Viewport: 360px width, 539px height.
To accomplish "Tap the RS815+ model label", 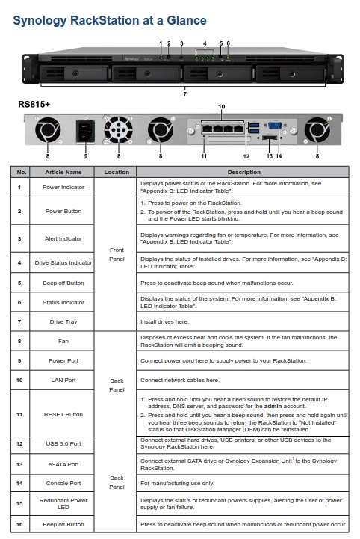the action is (34, 104).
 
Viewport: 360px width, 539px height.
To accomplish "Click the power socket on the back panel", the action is (85, 131).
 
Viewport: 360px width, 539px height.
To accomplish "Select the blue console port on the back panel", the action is (275, 126).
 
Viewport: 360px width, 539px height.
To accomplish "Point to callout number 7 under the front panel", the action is (184, 94).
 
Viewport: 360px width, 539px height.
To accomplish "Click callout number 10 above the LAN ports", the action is (222, 107).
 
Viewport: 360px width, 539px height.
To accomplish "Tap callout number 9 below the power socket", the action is (86, 156).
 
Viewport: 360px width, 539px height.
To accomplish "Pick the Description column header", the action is (244, 172).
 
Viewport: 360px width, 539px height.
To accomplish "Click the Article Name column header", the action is (63, 172).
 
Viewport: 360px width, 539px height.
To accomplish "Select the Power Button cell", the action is (63, 211).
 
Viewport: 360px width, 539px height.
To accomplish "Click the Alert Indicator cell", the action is (63, 238).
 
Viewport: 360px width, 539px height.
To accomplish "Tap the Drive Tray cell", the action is (63, 321).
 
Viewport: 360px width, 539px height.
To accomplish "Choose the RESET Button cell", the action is (63, 415).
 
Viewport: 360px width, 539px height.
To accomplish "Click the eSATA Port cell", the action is (63, 464).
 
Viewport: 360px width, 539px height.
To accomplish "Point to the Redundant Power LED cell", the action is (63, 504).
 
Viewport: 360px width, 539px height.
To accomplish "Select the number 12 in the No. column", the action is (19, 444).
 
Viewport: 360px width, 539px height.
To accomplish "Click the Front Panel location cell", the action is (117, 254).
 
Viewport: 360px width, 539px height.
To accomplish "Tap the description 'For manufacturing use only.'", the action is (177, 484).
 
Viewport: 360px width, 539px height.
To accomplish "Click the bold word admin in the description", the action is (273, 407).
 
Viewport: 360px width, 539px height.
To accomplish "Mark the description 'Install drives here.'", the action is (164, 321).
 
